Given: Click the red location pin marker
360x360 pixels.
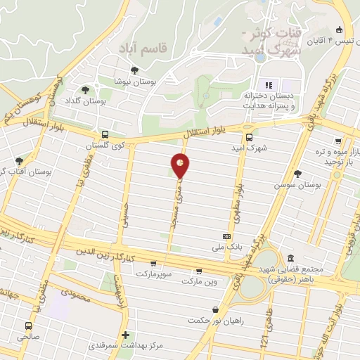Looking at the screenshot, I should coord(181,166).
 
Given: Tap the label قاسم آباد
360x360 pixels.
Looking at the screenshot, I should coord(162,49).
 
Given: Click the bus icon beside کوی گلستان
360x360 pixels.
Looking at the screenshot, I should coord(105,134).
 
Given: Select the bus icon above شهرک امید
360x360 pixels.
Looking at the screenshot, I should coord(249,138).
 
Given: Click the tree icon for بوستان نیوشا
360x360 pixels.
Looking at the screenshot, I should coord(134,70).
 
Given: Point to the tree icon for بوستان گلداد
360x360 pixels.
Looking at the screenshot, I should coord(86,90).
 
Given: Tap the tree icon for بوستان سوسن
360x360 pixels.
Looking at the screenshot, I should coord(298,173).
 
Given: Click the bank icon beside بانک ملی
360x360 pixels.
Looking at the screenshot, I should coord(226,237).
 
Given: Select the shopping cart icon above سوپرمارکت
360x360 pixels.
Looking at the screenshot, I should coord(153,262).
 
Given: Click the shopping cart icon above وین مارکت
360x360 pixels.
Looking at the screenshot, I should coord(199,271).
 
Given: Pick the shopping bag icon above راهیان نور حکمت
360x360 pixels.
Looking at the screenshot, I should coord(215,309).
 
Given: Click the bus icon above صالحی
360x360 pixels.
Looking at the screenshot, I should coord(28,326).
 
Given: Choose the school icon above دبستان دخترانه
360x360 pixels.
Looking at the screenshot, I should coord(268,85).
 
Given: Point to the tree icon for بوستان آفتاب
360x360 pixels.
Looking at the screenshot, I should coord(19,161).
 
